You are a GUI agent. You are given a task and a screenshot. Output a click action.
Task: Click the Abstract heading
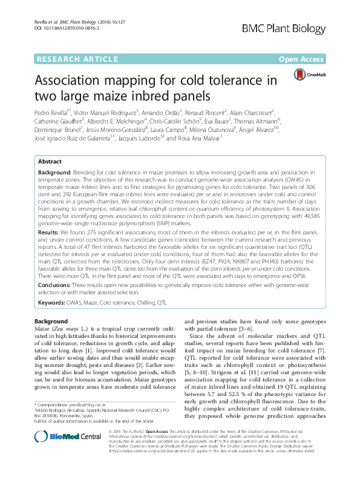coord(50,162)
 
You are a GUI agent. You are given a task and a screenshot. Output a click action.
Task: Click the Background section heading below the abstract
coord(51,321)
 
